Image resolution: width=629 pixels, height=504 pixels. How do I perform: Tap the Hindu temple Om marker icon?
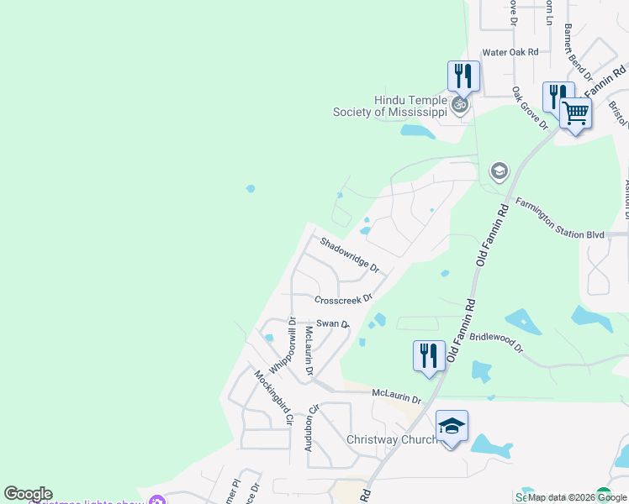pyautogui.click(x=459, y=105)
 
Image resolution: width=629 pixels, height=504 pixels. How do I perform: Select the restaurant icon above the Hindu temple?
pyautogui.click(x=463, y=76)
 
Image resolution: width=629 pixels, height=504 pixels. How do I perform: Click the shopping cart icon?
pyautogui.click(x=576, y=112)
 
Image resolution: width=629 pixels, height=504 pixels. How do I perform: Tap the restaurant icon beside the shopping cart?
pyautogui.click(x=558, y=97)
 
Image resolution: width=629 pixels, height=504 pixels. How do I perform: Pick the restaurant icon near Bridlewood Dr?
pyautogui.click(x=429, y=354)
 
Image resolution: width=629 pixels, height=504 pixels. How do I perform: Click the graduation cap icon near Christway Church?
pyautogui.click(x=452, y=426)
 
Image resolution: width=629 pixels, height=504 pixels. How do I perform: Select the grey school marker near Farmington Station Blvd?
pyautogui.click(x=499, y=172)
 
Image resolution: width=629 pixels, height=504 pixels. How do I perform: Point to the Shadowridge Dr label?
pyautogui.click(x=350, y=255)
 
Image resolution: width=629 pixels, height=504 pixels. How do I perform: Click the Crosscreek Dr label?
pyautogui.click(x=343, y=300)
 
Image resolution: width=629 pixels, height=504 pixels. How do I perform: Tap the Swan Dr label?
pyautogui.click(x=332, y=323)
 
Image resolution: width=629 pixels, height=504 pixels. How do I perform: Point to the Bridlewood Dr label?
pyautogui.click(x=496, y=342)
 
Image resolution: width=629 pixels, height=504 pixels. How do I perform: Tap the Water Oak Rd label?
pyautogui.click(x=510, y=52)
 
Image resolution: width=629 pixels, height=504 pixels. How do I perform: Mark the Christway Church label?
pyautogui.click(x=392, y=440)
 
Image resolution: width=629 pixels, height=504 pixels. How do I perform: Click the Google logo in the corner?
pyautogui.click(x=28, y=494)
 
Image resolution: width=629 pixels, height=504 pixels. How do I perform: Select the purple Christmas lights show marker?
pyautogui.click(x=156, y=501)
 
